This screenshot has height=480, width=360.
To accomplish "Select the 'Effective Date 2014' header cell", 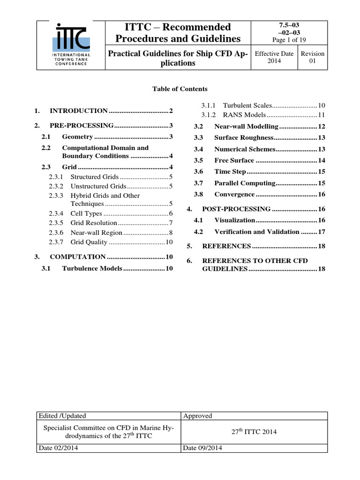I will pyautogui.click(x=274, y=58).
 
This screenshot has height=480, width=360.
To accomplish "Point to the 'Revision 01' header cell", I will pyautogui.click(x=312, y=58).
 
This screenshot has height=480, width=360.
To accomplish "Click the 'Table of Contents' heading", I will pyautogui.click(x=180, y=89).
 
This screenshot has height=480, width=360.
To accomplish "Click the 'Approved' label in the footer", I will pyautogui.click(x=198, y=416).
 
